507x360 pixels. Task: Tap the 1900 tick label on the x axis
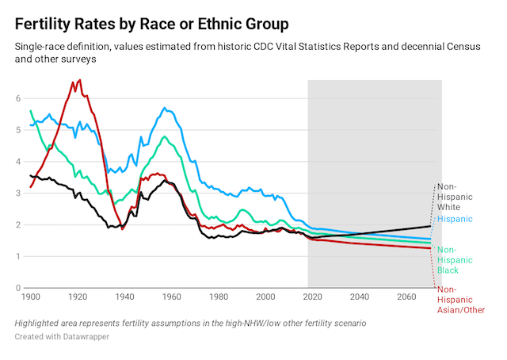[x=30, y=297]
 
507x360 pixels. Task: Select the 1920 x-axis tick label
[x=78, y=297]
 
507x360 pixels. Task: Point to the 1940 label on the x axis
[x=125, y=297]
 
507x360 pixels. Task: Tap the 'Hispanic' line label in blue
[x=455, y=219]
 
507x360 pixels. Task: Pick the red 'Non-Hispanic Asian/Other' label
[x=460, y=301]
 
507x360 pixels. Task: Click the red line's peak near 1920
[x=78, y=80]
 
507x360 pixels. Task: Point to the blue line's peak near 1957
[x=164, y=108]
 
